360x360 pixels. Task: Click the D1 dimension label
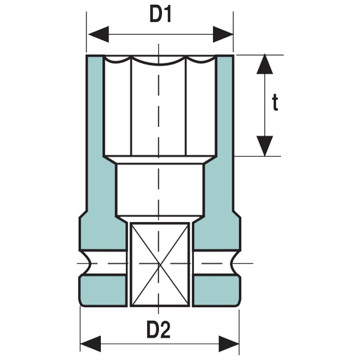point(160,15)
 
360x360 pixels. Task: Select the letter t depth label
point(292,103)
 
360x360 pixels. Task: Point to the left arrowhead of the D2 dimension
point(90,344)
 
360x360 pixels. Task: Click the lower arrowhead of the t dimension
point(265,146)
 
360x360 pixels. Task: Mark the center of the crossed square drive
point(160,262)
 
